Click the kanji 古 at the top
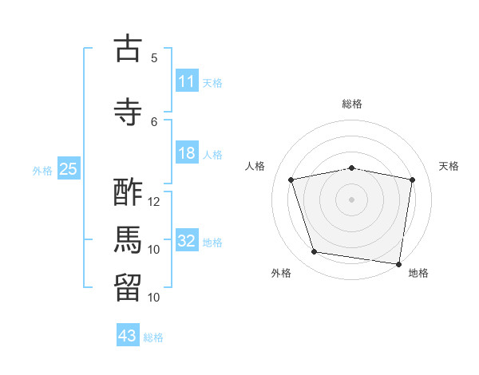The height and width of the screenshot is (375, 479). tap(128, 48)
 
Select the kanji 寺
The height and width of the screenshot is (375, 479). tap(128, 112)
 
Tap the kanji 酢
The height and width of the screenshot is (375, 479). tap(128, 192)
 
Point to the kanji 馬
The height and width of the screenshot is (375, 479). tap(128, 240)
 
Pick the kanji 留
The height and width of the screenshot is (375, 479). tap(128, 288)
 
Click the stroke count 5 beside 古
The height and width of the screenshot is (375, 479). tap(154, 58)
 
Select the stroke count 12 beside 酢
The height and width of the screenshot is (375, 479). tap(153, 202)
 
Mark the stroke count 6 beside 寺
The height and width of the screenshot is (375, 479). tap(154, 122)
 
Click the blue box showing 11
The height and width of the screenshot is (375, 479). tap(187, 81)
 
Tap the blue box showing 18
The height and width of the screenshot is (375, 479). tap(187, 152)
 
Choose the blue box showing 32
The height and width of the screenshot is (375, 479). tap(187, 239)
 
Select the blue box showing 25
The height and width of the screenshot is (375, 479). tap(69, 168)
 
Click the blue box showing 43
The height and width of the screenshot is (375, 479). tap(128, 334)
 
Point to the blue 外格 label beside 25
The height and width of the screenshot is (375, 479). tap(42, 171)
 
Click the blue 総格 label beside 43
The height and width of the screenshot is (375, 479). tap(153, 337)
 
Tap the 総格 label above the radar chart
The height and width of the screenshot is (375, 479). tap(352, 104)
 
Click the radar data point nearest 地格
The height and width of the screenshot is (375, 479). tap(398, 264)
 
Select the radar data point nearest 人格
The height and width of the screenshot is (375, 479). tap(291, 180)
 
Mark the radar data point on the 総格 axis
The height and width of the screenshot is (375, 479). tap(351, 168)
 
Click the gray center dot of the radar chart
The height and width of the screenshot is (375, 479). tap(351, 199)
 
